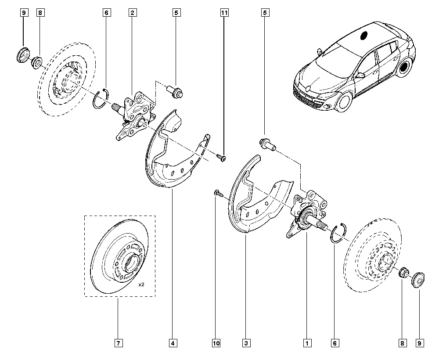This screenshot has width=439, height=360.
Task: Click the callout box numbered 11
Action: [224, 13]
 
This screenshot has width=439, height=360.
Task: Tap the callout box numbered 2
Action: [132, 13]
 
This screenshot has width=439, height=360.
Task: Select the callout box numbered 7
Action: [118, 342]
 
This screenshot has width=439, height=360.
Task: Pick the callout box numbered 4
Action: [173, 342]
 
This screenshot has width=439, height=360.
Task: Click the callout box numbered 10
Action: [216, 342]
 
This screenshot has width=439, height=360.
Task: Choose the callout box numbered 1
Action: [306, 342]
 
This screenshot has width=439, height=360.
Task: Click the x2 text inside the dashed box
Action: [141, 285]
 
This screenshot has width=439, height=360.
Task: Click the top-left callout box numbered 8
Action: [40, 13]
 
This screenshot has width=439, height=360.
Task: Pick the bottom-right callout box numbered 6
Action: [335, 342]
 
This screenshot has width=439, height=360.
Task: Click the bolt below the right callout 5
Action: [266, 144]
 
